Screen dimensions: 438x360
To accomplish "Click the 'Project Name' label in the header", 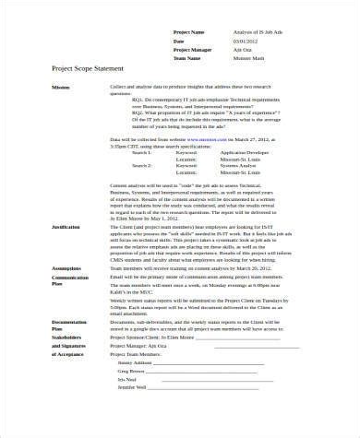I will (x=189, y=32).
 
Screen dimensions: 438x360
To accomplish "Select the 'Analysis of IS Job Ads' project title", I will (x=252, y=32).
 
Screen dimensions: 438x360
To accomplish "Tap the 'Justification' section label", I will (x=66, y=225).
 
